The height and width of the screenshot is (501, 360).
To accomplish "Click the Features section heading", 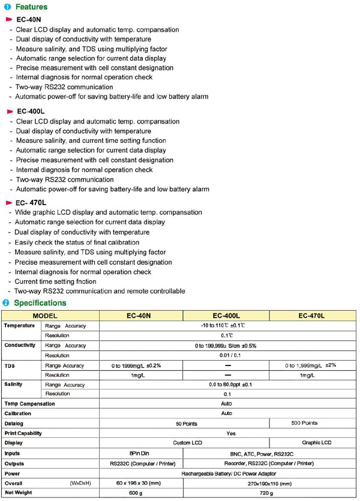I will pyautogui.click(x=31, y=7).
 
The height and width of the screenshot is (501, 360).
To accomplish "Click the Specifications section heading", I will pyautogui.click(x=40, y=303).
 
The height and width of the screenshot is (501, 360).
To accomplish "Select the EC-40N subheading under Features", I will pyautogui.click(x=28, y=20).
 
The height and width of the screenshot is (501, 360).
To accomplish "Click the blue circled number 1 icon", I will pyautogui.click(x=6, y=7).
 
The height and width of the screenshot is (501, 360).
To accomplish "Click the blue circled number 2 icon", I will pyautogui.click(x=6, y=303).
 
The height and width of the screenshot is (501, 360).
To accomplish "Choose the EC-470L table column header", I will pyautogui.click(x=312, y=316).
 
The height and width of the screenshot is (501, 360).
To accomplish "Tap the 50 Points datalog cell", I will pyautogui.click(x=185, y=423).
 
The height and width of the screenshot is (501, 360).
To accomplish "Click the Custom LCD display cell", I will pyautogui.click(x=185, y=443).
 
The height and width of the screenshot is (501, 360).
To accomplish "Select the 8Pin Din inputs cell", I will pyautogui.click(x=139, y=453).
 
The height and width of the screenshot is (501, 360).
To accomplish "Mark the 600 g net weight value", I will pyautogui.click(x=139, y=493).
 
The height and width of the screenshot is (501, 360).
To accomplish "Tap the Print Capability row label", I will pyautogui.click(x=23, y=433).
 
